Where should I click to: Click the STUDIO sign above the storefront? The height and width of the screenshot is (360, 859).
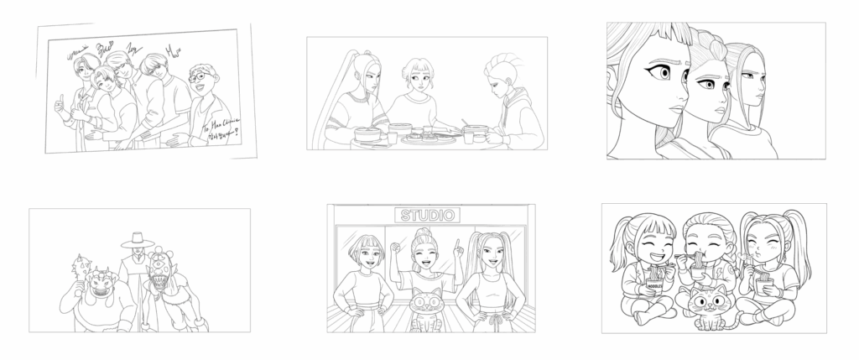(427, 216)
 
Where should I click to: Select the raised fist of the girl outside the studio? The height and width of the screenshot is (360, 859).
(395, 248)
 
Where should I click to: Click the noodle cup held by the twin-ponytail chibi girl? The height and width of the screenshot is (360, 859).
(764, 284)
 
